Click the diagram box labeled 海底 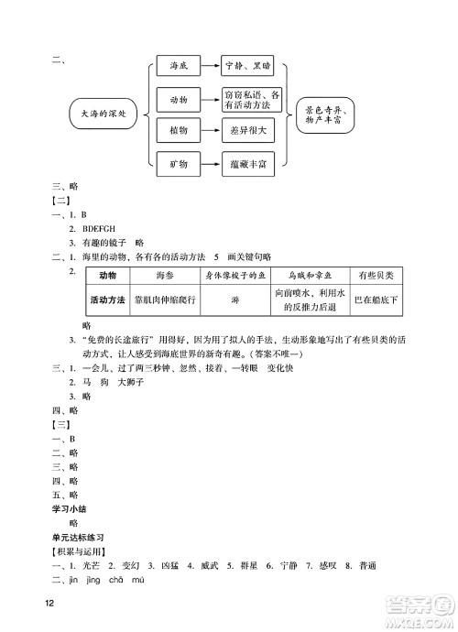coord(179,67)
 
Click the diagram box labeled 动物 coord(179,99)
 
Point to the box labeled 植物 coord(179,132)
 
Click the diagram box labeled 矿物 coord(179,164)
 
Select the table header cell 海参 coord(165,276)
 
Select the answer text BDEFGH coord(102,228)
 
